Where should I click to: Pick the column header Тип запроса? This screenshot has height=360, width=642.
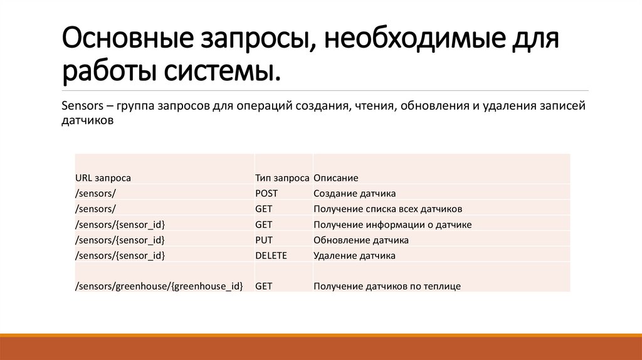282,178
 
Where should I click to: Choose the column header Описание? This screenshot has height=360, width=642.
335,178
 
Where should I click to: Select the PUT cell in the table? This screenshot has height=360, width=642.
264,240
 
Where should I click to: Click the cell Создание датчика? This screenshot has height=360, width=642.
354,193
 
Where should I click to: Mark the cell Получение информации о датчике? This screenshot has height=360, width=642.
392,225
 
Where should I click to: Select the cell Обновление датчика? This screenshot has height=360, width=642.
361,240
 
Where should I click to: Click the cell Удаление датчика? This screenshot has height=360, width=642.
354,255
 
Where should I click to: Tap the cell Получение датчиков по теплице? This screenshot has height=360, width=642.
387,286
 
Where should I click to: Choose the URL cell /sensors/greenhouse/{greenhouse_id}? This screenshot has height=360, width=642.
159,286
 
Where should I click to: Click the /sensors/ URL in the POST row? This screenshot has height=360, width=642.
95,193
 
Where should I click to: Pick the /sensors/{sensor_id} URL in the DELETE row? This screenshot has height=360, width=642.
120,255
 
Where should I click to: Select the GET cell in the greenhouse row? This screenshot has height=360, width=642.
264,286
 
